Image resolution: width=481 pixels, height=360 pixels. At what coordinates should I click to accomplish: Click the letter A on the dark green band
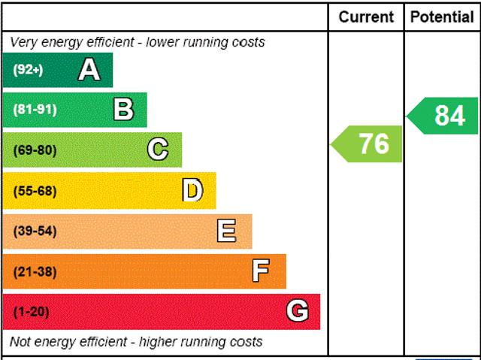point(89,70)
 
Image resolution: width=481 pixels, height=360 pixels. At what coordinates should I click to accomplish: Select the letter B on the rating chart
point(123,110)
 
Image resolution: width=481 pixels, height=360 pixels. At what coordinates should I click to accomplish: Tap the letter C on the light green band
point(158,150)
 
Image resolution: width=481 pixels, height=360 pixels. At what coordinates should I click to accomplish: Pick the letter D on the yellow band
point(192,190)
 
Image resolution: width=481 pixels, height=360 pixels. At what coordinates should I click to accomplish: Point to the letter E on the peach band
point(226,231)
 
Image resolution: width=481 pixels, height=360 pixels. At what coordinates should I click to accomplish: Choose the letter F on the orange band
point(261,271)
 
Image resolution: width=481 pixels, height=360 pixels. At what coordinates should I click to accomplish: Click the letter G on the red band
point(297,310)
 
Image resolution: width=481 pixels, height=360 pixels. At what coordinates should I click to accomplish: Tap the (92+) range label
point(28,70)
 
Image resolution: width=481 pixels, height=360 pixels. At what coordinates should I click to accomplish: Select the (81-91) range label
point(35,110)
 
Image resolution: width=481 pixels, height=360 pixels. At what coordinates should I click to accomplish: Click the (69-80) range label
point(35,150)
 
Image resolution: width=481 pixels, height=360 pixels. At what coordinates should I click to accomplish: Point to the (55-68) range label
point(35,191)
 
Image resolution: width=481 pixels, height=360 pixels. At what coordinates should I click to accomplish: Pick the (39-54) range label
point(35,231)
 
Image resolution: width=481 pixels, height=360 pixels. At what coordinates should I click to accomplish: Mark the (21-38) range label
point(35,271)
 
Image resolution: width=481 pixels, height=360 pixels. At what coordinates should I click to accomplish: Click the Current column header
point(366,17)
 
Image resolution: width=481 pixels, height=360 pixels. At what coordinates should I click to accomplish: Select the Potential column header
point(442,17)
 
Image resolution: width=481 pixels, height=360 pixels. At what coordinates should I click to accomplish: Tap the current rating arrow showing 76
point(368,144)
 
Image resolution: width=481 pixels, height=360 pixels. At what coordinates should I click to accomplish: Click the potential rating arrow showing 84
point(444,116)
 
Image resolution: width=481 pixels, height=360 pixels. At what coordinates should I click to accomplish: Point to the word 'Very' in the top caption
point(23,42)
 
